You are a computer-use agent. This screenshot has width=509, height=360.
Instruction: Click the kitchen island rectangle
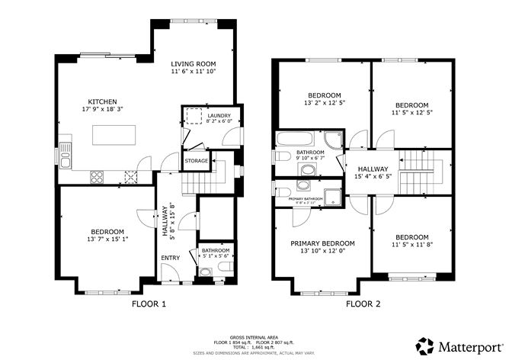tap(118, 134)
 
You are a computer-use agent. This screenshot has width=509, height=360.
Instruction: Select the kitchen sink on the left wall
tap(66, 159)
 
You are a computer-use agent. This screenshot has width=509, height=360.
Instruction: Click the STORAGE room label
tap(195, 161)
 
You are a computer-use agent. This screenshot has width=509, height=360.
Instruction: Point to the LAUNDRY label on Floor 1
tap(207, 116)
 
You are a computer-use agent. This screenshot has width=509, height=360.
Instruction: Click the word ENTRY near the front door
tap(170, 258)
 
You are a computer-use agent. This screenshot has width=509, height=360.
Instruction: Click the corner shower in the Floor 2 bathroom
tap(333, 140)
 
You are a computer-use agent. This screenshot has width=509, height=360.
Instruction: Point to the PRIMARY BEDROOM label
tap(322, 244)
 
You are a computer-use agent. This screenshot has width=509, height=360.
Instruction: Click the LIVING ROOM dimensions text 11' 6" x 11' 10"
tap(193, 72)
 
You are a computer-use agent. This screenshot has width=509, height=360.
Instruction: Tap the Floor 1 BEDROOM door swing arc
tap(142, 217)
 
